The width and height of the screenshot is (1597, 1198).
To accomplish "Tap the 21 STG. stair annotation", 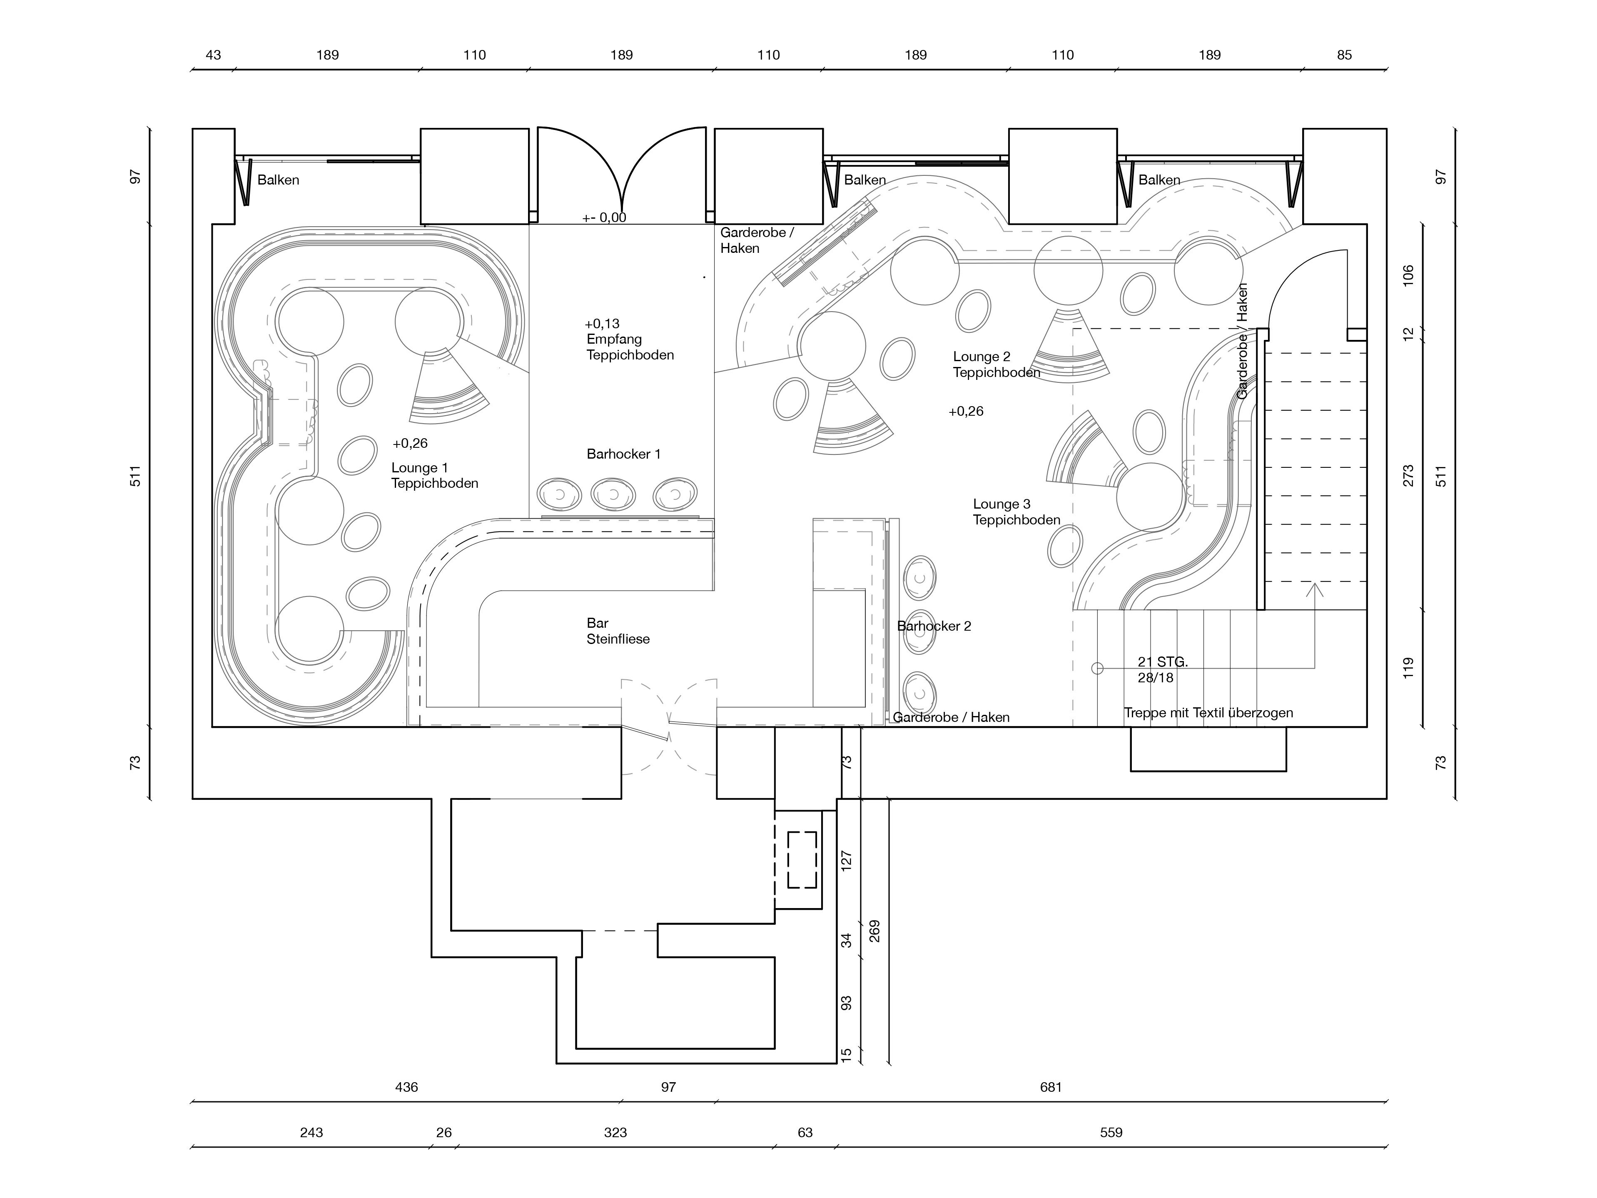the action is click(x=1162, y=661).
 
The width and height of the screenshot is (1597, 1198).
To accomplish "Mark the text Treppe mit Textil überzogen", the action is click(x=1208, y=713).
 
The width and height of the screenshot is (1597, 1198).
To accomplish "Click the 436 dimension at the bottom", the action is click(x=406, y=1087).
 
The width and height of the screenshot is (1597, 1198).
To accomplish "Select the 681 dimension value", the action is click(x=1051, y=1087).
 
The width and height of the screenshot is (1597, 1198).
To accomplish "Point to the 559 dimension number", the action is click(x=1111, y=1132).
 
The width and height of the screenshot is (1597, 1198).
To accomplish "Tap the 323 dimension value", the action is click(x=615, y=1132).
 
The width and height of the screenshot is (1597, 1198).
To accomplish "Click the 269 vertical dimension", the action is click(x=875, y=931).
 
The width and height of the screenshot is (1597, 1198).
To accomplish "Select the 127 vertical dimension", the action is click(x=847, y=860).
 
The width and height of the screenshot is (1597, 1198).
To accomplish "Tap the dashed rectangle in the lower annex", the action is click(x=802, y=860).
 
